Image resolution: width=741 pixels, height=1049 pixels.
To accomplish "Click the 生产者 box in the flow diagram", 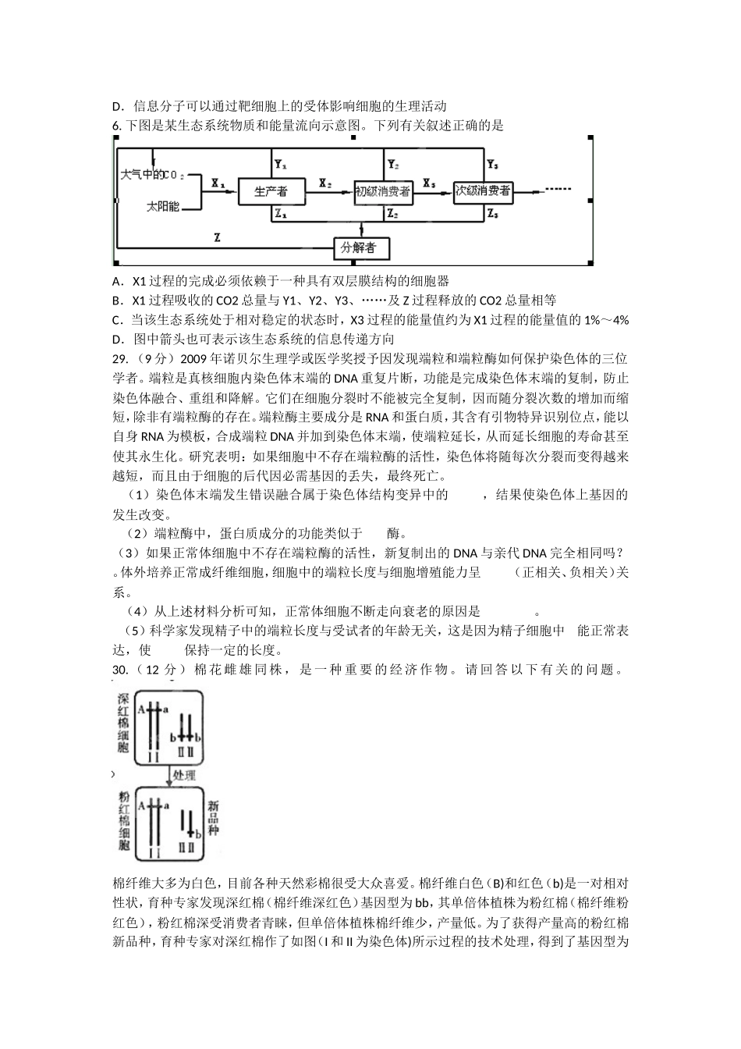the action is (271, 191).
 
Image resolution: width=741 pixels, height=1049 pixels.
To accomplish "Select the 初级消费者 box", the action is (382, 191).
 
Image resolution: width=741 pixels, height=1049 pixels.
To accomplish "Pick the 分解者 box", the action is (360, 248).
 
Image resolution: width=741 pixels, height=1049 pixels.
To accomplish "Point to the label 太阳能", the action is (162, 207).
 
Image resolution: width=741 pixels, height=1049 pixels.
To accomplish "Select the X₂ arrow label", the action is (324, 184).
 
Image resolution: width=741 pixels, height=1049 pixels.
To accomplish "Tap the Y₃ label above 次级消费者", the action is (492, 165).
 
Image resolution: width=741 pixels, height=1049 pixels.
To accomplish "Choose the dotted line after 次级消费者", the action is (558, 190).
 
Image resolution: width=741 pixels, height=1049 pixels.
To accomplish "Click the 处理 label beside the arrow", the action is (185, 775).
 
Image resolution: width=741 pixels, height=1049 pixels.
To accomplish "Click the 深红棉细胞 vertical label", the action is (123, 723).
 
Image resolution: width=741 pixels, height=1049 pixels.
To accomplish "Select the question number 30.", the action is (121, 670).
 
